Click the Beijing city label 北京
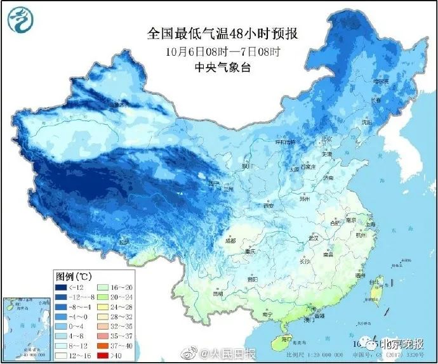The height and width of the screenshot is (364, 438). pos(326,138)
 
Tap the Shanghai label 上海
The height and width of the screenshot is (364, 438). pos(372,224)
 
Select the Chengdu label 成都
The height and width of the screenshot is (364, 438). pos(230,240)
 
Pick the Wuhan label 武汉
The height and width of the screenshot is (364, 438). pos(312,237)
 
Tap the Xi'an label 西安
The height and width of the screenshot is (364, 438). pos(268,205)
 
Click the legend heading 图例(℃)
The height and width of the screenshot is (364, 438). pos(75,276)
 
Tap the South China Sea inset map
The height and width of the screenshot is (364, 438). pos(25,326)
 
